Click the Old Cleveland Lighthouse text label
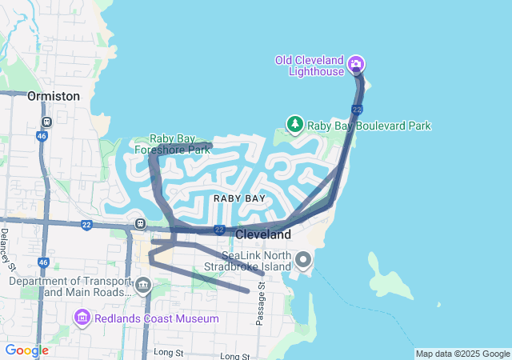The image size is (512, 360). point(309,66)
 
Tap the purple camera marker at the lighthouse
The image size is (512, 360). point(357,63)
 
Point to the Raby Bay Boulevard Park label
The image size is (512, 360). point(370,126)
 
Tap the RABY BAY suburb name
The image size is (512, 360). point(239,198)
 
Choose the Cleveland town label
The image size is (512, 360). point(263,235)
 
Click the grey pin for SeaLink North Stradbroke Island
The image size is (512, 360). point(303,259)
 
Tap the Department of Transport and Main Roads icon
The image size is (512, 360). point(143,284)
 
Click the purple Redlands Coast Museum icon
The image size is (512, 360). point(82,318)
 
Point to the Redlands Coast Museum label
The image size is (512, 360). point(156,318)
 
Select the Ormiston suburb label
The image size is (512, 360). point(54,96)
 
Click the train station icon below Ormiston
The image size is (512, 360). point(47,122)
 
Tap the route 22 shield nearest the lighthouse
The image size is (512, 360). point(358,110)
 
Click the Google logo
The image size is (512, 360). point(26,350)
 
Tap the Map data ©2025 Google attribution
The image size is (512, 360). point(462,354)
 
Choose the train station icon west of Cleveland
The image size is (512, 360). point(140,224)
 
